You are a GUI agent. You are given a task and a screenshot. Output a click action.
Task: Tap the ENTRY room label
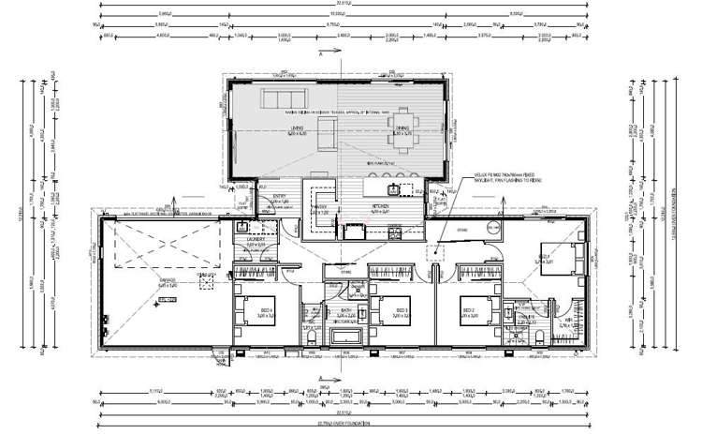[277, 198]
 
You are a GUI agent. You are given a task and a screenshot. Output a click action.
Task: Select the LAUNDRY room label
[256, 240]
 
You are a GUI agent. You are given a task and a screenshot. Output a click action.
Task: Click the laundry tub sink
[242, 226]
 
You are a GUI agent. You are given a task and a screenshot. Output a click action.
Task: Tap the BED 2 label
[470, 309]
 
